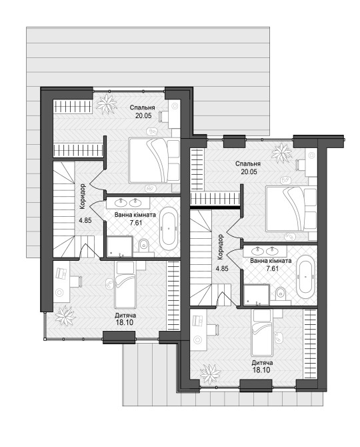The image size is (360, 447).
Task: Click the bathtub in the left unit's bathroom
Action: point(169,229)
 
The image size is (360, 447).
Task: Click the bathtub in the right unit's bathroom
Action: point(305,276)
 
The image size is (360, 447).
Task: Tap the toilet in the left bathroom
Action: point(144,246)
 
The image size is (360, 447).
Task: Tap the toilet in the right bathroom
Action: point(281,294)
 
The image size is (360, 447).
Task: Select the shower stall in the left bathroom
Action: point(119,247)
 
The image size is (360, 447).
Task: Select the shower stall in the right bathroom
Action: point(256,294)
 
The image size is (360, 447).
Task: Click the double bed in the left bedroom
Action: point(155,160)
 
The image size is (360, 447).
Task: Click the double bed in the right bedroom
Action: point(291,208)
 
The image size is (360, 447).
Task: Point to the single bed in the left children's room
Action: point(124,285)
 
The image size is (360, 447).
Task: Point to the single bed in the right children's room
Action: point(261,333)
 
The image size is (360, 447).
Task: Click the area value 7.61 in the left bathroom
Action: point(136,223)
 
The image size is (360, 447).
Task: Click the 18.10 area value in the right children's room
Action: point(261,370)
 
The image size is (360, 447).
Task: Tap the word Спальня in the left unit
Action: point(143,107)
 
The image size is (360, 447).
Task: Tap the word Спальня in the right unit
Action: point(248,164)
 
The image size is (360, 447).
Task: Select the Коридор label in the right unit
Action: point(220,247)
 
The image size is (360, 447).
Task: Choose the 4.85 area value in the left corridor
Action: point(85,220)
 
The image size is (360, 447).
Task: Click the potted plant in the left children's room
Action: point(65,316)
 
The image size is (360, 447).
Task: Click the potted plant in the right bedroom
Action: point(282,153)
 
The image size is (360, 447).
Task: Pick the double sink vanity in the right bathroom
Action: point(265,251)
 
